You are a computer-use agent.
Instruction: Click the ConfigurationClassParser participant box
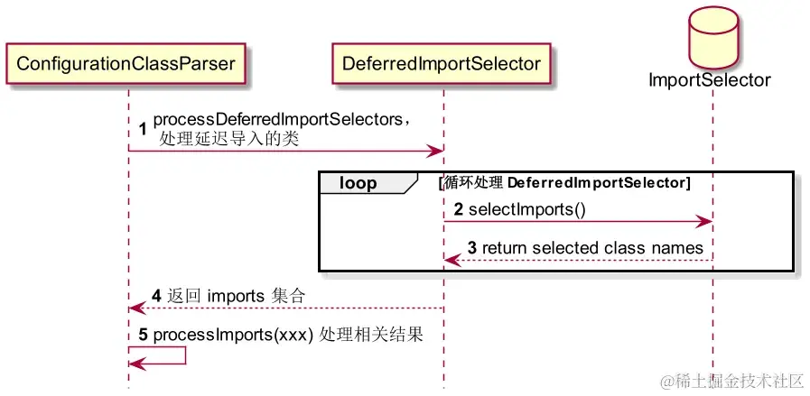click(x=126, y=63)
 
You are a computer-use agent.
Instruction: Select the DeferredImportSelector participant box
click(x=442, y=63)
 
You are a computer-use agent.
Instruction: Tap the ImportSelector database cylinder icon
click(x=712, y=38)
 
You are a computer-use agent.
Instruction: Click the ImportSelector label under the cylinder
click(x=710, y=79)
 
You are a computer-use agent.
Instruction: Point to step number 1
click(x=143, y=129)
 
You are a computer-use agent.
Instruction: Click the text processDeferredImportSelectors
click(x=277, y=120)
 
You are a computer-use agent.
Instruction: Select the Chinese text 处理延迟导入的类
click(x=228, y=139)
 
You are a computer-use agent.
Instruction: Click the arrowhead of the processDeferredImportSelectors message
click(x=436, y=151)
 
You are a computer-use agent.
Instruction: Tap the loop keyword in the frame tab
click(x=358, y=183)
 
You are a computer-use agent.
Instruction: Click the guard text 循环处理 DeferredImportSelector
click(x=564, y=183)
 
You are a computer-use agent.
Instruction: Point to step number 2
click(x=459, y=210)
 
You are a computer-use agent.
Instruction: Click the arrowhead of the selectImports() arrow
click(x=705, y=222)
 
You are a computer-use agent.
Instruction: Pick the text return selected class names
click(x=592, y=248)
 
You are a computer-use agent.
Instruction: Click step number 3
click(x=472, y=248)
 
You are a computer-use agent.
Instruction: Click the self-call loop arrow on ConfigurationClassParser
click(x=185, y=355)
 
